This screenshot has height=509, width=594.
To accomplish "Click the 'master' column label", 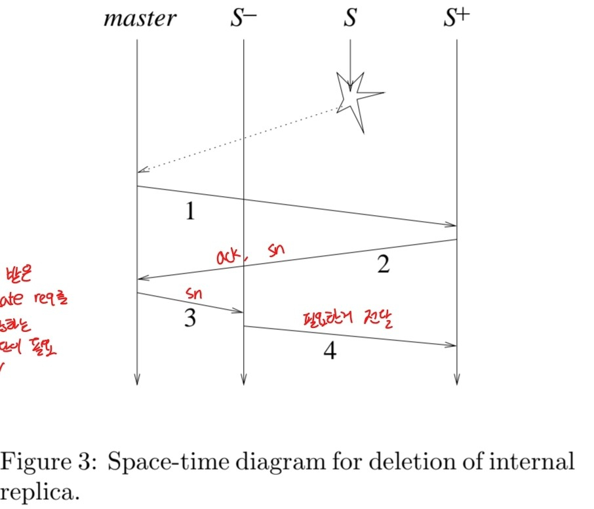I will click(140, 18).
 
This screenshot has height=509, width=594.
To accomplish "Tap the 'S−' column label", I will click(243, 18).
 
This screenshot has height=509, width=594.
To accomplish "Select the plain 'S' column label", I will click(350, 18).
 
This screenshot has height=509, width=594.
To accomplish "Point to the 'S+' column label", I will click(456, 18).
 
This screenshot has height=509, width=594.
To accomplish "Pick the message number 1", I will click(189, 212).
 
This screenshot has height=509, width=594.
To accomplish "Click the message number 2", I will click(384, 265).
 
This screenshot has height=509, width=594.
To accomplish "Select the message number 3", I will click(189, 319).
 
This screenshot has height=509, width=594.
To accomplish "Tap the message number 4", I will click(330, 352).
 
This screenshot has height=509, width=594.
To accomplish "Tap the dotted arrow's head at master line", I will click(141, 171).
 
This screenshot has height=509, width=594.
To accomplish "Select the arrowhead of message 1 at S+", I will click(452, 225).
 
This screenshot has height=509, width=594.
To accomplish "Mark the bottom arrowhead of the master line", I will click(137, 380).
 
